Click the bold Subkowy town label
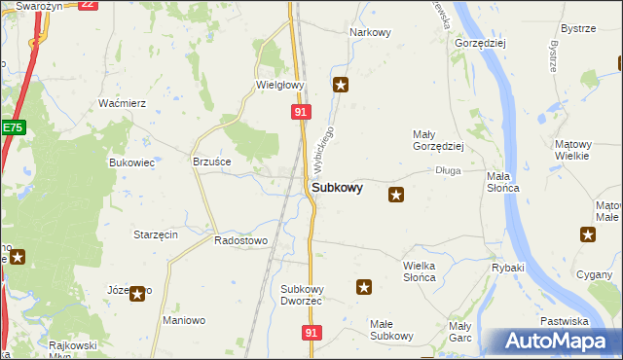[338, 188]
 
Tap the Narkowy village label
[370, 32]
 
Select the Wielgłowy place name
[280, 85]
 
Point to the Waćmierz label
[123, 103]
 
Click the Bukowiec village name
[131, 162]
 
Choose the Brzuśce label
[211, 161]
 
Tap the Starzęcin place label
[155, 234]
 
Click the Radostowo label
[240, 239]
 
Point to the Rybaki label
[508, 268]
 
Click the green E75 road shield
[12, 127]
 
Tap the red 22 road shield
[88, 4]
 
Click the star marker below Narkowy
[341, 85]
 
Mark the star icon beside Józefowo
[139, 293]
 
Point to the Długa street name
[448, 170]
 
